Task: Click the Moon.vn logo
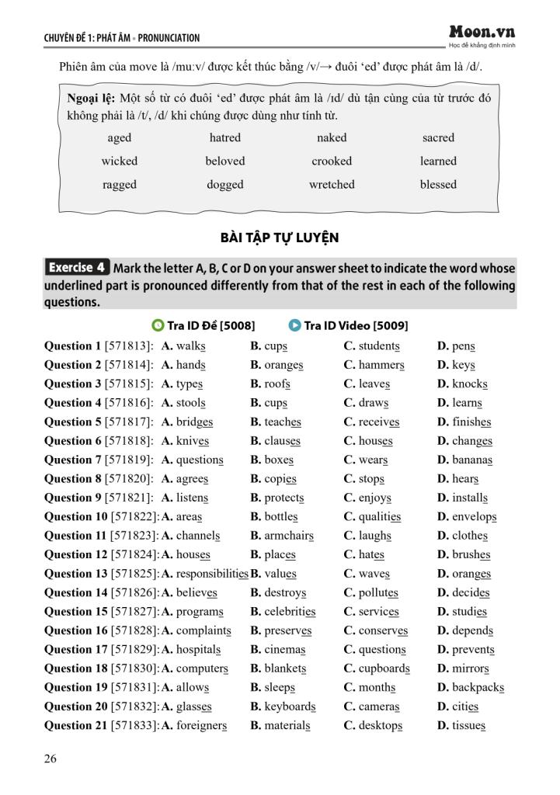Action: tap(482, 33)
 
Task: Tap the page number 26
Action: tap(50, 759)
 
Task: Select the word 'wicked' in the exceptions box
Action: tap(119, 161)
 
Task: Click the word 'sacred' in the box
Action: tap(438, 138)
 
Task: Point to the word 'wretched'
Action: tap(332, 185)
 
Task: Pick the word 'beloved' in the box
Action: tap(225, 161)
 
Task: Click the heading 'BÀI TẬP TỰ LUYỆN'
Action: tap(280, 238)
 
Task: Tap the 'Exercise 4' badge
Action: tap(77, 268)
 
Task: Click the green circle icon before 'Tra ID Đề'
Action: tap(158, 325)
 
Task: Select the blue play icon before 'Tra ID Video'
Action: tap(294, 325)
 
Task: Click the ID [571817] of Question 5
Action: tap(129, 422)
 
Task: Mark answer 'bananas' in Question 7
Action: tap(471, 460)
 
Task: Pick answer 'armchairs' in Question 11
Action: tap(288, 536)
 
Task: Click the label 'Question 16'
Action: tap(75, 630)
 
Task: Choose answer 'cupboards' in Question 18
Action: tap(384, 668)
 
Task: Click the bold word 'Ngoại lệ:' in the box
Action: tap(92, 99)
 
